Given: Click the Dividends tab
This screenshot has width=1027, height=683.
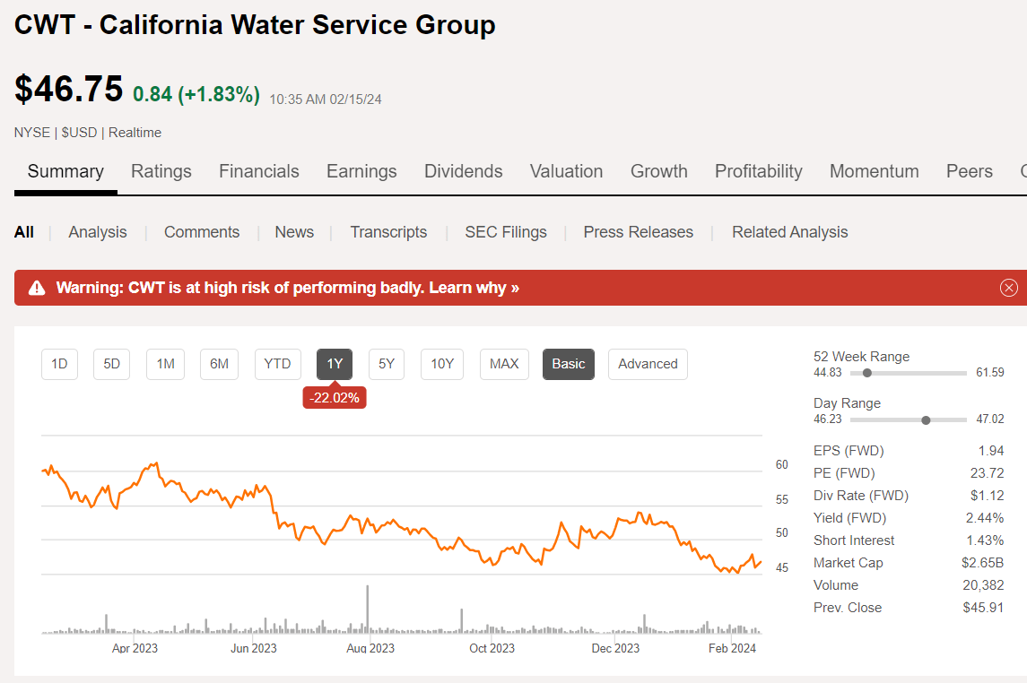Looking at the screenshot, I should [463, 171].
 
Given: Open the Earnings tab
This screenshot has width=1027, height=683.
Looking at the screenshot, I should [361, 171].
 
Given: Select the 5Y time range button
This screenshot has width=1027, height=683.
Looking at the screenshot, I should [386, 364].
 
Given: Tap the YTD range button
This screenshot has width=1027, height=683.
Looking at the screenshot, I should [277, 364].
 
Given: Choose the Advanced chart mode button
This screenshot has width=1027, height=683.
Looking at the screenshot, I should [648, 364].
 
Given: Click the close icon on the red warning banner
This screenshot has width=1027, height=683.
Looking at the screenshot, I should [1009, 288].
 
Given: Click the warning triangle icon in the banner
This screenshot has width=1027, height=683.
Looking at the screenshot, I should [37, 288].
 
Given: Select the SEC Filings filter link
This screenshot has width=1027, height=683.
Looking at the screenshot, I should [505, 232].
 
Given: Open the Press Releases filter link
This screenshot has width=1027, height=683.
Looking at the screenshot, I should [638, 232].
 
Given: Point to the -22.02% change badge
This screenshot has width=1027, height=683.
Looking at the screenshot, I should [335, 398].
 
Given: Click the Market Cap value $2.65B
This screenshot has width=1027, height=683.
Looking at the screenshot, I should [983, 563].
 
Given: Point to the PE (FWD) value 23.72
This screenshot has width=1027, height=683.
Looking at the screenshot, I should [987, 473].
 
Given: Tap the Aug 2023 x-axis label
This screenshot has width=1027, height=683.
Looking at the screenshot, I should [370, 648].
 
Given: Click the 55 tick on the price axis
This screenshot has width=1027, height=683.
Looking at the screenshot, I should [781, 499].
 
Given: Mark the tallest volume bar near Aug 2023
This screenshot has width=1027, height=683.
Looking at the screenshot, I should [368, 610].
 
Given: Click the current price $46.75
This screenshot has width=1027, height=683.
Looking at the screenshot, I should [68, 90].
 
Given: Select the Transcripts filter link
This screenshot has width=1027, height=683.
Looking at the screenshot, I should [388, 232].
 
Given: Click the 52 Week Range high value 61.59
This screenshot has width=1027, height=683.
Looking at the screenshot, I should [989, 373].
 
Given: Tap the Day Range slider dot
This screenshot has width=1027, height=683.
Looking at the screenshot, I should [926, 419].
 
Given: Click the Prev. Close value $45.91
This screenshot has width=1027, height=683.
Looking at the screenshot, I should [983, 608].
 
